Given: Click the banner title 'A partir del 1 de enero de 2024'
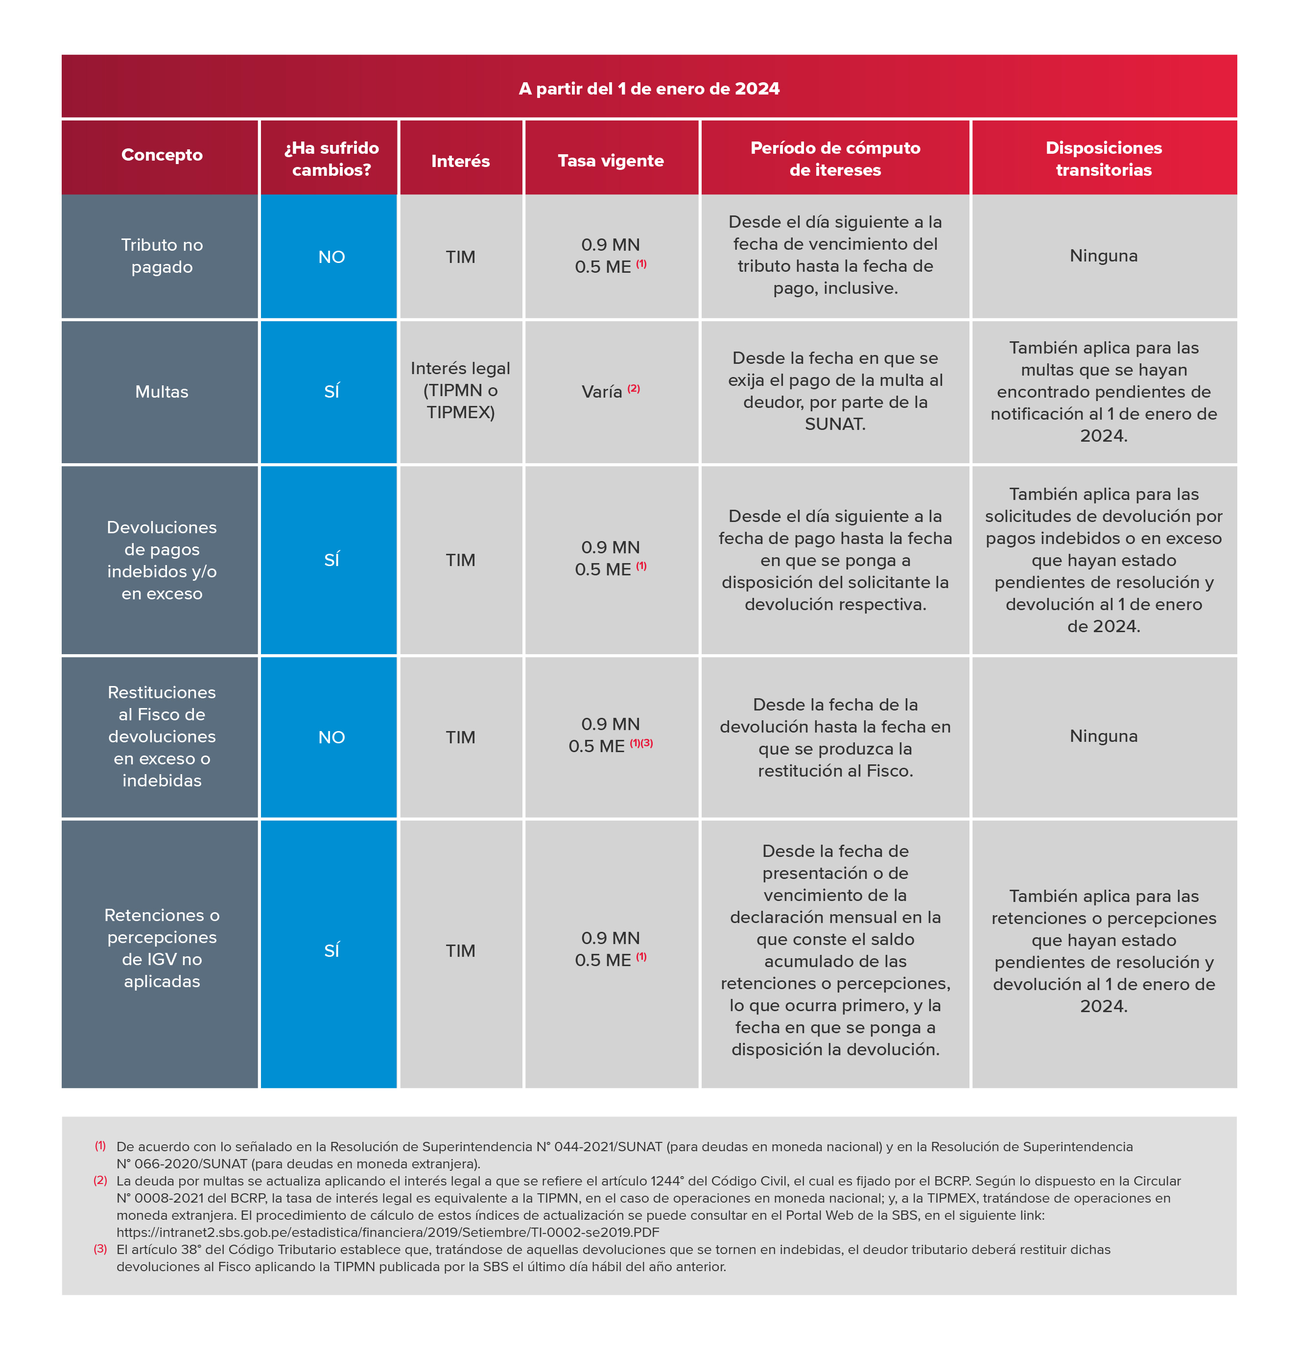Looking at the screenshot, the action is (649, 89).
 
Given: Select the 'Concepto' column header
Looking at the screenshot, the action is (162, 155).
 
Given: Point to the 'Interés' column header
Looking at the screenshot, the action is (460, 161).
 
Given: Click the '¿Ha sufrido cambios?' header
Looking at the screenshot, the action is (331, 159).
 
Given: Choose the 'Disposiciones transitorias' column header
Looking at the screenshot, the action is (1104, 159).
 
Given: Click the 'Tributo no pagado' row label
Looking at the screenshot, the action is (162, 256).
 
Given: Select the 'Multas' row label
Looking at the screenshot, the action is (162, 392).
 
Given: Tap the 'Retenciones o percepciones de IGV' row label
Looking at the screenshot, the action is (162, 948).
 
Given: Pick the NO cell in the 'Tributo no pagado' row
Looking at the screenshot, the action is (331, 257).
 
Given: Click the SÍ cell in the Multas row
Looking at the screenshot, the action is (331, 391).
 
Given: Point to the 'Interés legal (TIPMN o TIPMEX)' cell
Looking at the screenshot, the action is (460, 391).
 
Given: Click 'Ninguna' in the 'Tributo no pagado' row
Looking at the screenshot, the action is (1104, 256).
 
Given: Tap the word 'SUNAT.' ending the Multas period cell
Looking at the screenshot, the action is (835, 424).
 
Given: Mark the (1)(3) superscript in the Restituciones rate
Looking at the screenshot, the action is (641, 743).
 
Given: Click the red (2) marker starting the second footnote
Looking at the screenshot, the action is (100, 1181).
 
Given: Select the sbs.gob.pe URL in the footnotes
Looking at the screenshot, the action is (388, 1232).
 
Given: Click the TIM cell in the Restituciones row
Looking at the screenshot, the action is (460, 738).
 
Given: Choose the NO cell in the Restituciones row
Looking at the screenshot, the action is (331, 738).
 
